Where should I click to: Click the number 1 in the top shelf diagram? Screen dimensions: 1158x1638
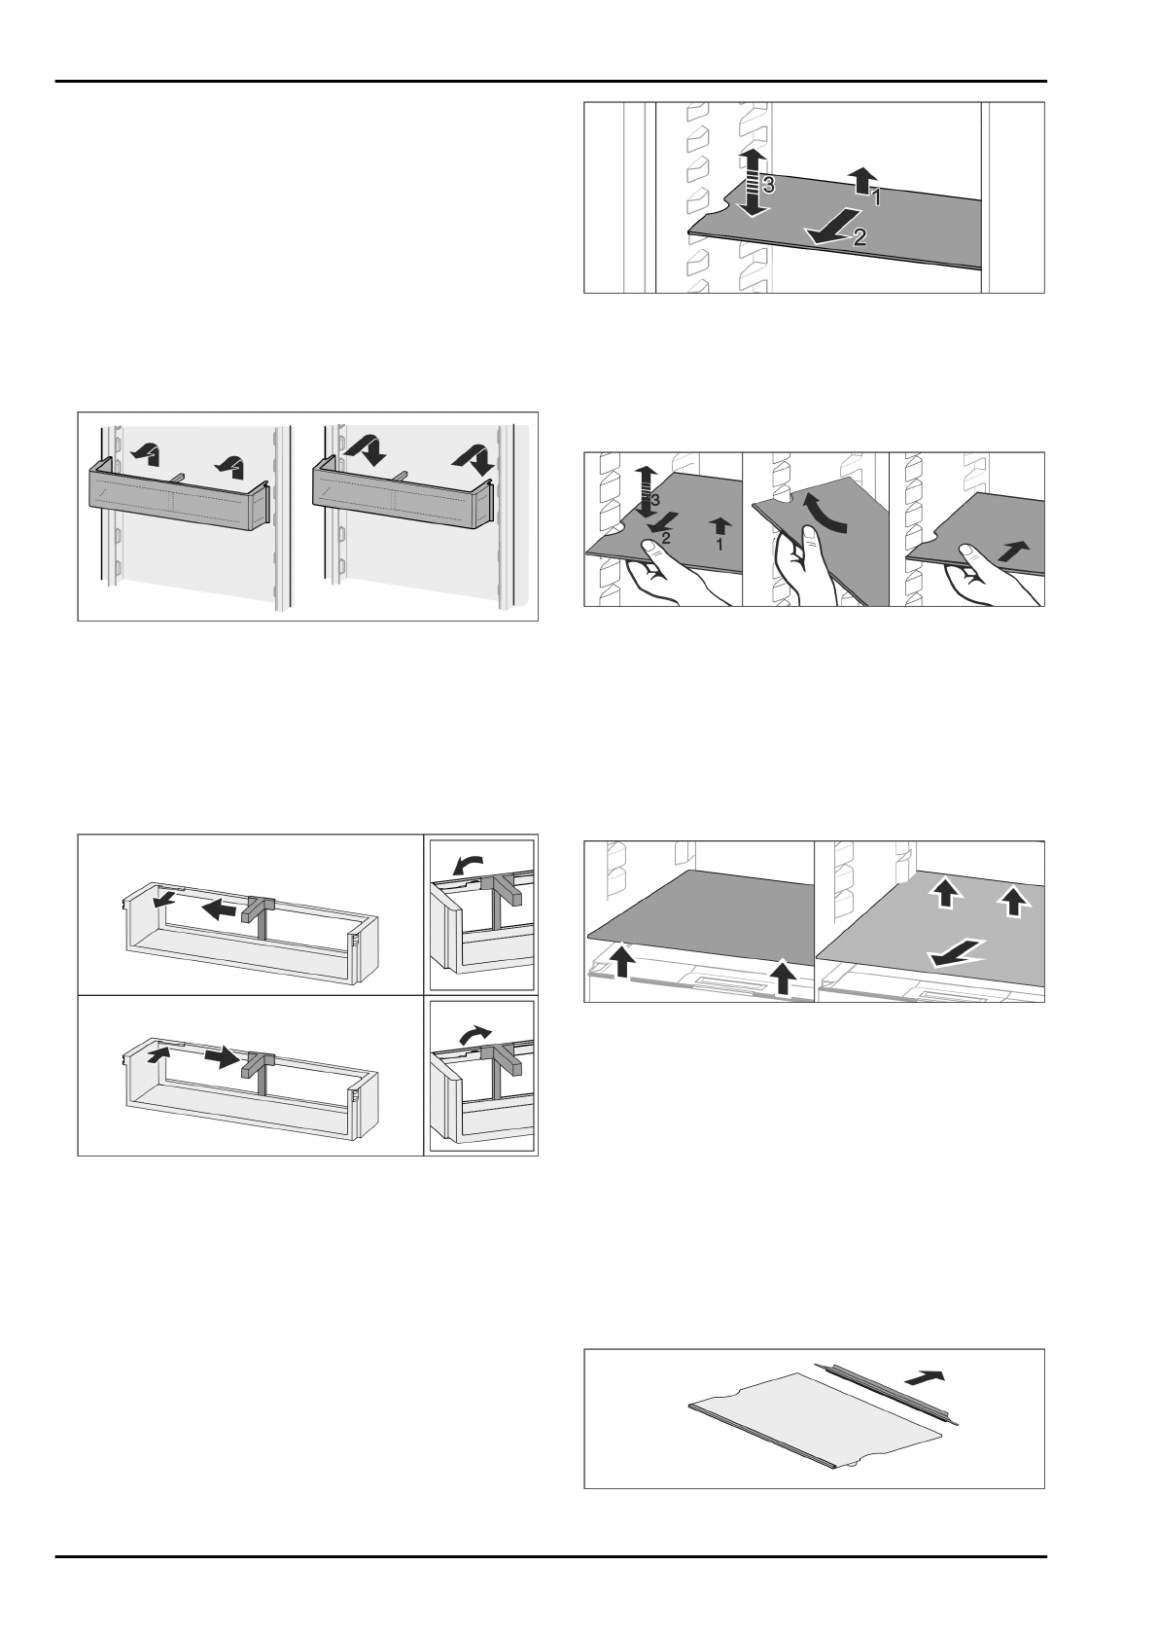pos(876,196)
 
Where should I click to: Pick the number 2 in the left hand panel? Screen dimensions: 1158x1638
pos(666,537)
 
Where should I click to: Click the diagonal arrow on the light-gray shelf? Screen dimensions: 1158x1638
pos(956,954)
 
